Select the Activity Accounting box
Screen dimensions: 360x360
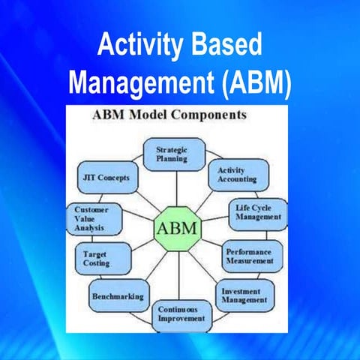pyautogui.click(x=236, y=174)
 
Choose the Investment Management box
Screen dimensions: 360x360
pyautogui.click(x=244, y=295)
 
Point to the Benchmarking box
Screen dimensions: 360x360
pyautogui.click(x=118, y=295)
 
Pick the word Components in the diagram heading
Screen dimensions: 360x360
pyautogui.click(x=217, y=116)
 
